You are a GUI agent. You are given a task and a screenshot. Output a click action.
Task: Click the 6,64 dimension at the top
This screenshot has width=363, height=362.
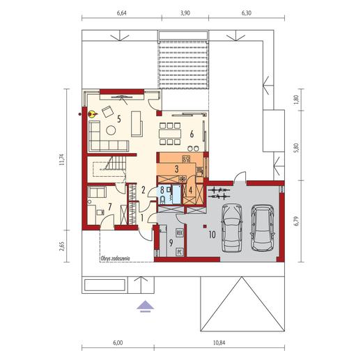click(122, 13)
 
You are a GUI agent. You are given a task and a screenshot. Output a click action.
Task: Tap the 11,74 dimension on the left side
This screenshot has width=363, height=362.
click(61, 159)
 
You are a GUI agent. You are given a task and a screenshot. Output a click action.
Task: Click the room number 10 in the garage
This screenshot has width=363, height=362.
click(212, 235)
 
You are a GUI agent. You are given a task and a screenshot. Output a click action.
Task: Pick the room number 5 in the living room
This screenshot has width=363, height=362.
click(119, 119)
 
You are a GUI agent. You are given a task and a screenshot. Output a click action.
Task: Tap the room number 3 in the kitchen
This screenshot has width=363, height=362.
click(176, 169)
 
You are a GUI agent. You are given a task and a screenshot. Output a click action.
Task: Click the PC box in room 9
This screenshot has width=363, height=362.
click(179, 251)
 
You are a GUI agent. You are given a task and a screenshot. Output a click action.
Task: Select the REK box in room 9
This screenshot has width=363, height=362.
click(179, 233)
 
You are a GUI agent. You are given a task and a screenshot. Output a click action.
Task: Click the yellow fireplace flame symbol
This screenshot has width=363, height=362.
click(92, 113)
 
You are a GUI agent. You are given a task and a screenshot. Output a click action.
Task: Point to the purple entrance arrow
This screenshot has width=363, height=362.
click(145, 306)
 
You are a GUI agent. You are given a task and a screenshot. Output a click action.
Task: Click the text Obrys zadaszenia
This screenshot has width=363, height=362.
click(115, 258)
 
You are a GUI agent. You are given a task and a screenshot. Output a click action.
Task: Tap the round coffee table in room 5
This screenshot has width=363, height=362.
click(111, 130)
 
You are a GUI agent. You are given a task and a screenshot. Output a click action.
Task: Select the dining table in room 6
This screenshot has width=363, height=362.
click(170, 134)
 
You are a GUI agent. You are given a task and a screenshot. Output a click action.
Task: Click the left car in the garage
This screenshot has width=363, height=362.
click(231, 228)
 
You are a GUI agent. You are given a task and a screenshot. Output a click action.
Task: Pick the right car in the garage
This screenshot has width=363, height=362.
click(262, 228)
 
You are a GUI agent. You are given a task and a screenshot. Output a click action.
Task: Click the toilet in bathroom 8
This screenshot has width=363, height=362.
click(162, 200)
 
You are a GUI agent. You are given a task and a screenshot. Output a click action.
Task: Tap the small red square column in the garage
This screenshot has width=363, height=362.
click(205, 226)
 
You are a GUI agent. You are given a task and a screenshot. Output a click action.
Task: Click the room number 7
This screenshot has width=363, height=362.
click(109, 206)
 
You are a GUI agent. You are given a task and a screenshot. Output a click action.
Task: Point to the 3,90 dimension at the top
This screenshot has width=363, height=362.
click(185, 13)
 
